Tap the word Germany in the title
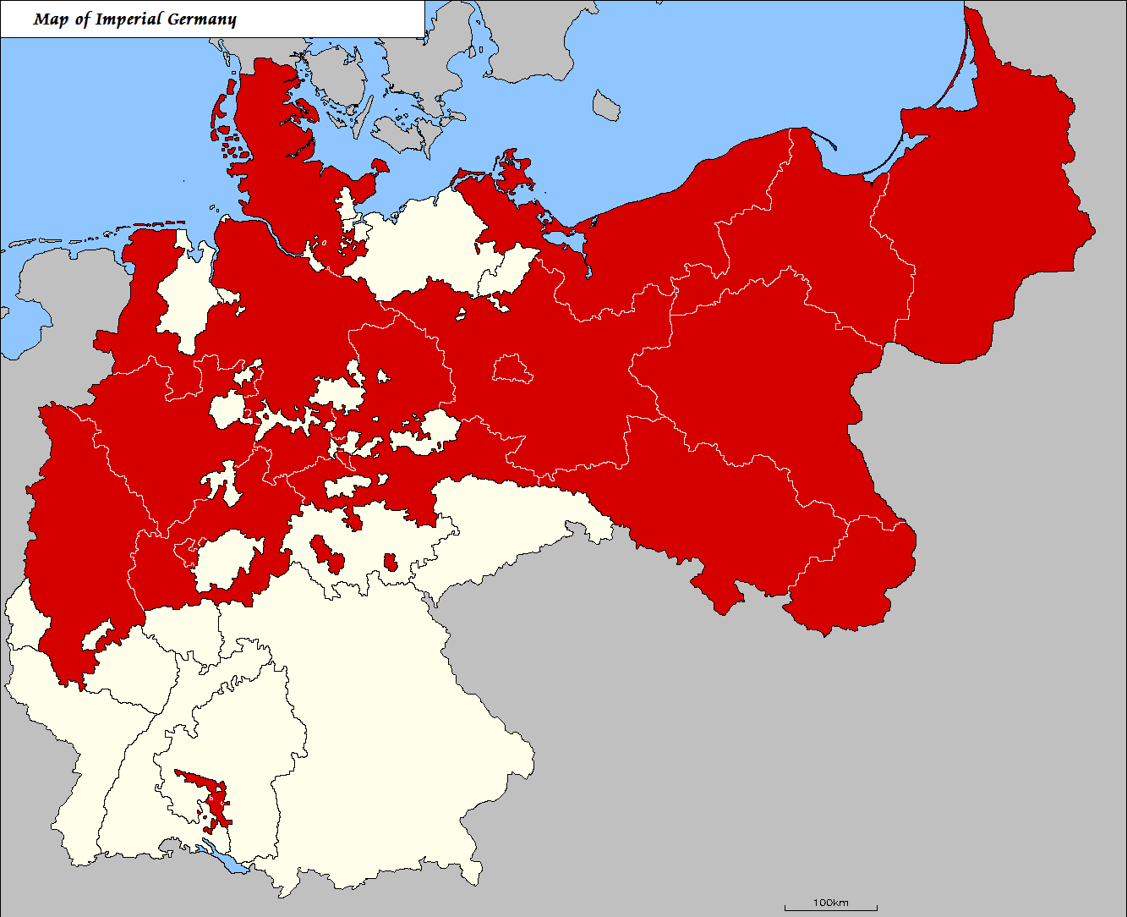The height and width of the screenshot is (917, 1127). tap(200, 19)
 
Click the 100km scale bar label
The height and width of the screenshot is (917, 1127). tap(830, 902)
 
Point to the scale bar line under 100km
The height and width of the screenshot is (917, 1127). tap(830, 909)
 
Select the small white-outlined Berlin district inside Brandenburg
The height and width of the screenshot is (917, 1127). tap(512, 369)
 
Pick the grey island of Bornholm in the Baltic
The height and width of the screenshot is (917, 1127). tap(606, 106)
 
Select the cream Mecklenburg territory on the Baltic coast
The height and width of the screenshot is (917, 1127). tap(423, 245)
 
